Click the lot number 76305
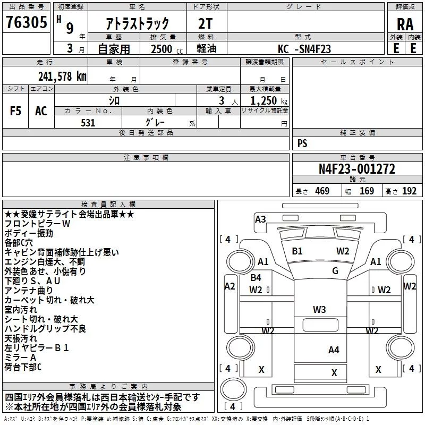point(26,23)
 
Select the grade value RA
point(405,24)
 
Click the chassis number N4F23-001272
point(356,169)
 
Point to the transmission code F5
point(16,111)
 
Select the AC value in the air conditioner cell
point(41,111)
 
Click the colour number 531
point(88,123)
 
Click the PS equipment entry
point(302,143)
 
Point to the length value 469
point(322,191)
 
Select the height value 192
point(410,191)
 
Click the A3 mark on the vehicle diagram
point(260,219)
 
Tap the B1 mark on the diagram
point(297,251)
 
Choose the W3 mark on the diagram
point(319,310)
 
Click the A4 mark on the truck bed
point(334,350)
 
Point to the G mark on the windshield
point(335,271)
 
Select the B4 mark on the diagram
point(256,277)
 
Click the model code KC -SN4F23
point(304,49)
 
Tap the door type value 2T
point(205,23)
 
